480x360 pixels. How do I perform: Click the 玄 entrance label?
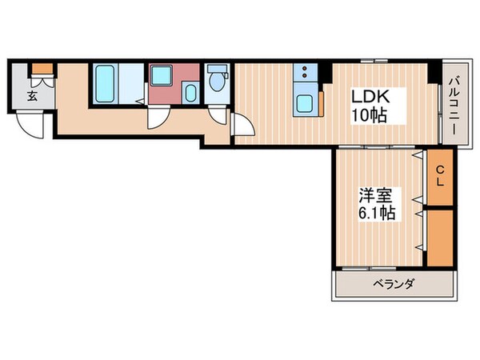click(32, 96)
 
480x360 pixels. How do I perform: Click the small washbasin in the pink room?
click(189, 92)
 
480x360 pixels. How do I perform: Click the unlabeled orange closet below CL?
click(439, 238)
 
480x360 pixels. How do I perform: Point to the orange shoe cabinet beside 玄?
click(41, 69)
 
